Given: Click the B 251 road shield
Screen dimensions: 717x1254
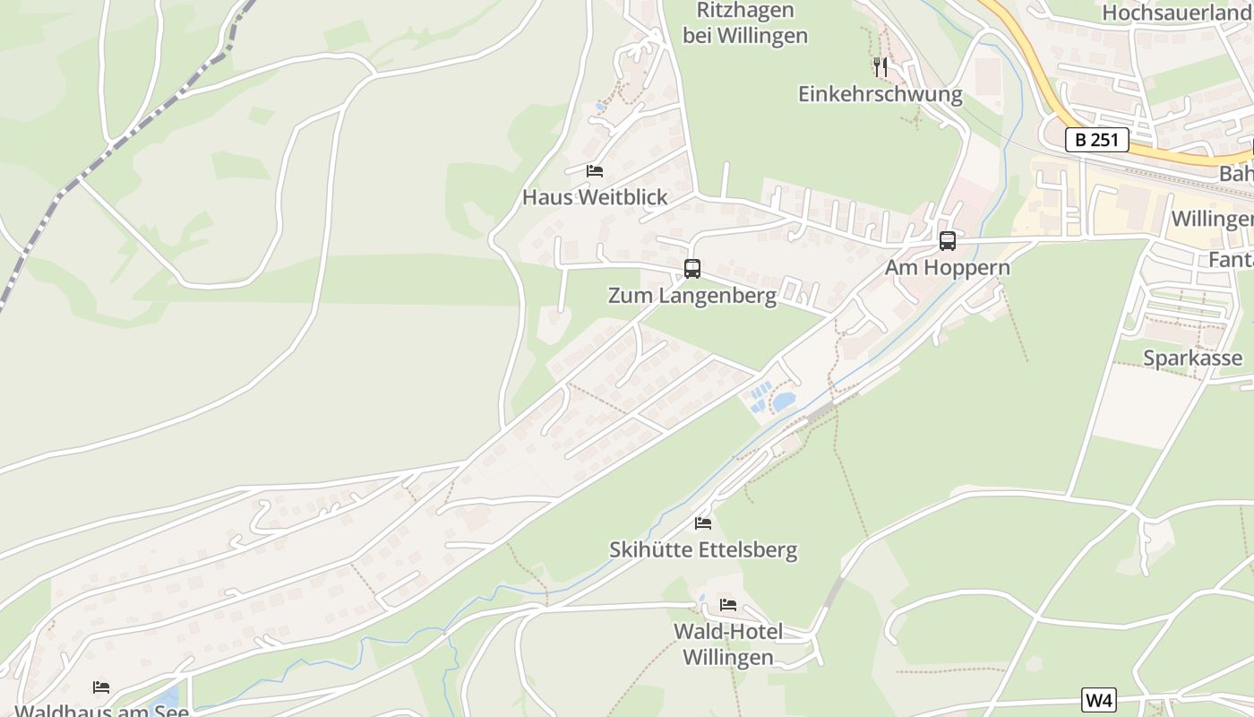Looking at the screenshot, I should [1096, 140].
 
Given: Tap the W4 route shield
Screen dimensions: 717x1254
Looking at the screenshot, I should [1099, 700].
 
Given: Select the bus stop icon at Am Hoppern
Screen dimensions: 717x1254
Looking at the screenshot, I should [947, 241].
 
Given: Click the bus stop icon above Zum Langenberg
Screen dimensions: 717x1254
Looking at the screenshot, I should [691, 268].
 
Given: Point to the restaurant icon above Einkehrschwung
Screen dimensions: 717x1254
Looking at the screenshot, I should [880, 66].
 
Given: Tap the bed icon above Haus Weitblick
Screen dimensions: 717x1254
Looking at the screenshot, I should [594, 170].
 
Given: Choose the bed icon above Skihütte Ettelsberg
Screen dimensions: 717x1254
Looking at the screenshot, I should [702, 523].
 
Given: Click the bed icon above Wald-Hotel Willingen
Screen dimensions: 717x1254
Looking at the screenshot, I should [727, 605].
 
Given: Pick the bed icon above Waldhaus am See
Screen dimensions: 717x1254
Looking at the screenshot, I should [101, 687].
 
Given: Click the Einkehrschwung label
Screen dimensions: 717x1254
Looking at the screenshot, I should [880, 94].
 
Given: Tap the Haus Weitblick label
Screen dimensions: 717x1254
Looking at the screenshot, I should [595, 197].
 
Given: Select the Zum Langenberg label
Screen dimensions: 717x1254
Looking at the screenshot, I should [691, 295].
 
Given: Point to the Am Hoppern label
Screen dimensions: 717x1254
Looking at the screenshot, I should [947, 267].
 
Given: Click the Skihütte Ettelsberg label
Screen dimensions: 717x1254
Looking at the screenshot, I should [702, 549].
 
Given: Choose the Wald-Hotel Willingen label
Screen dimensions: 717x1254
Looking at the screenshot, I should [727, 644].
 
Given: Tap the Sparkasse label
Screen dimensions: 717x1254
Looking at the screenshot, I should [1192, 358].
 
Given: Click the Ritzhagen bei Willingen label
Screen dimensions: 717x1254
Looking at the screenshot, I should [745, 23].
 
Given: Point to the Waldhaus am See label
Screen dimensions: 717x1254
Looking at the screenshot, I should [101, 711].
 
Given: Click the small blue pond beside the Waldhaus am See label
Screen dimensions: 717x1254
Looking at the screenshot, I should [167, 697].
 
